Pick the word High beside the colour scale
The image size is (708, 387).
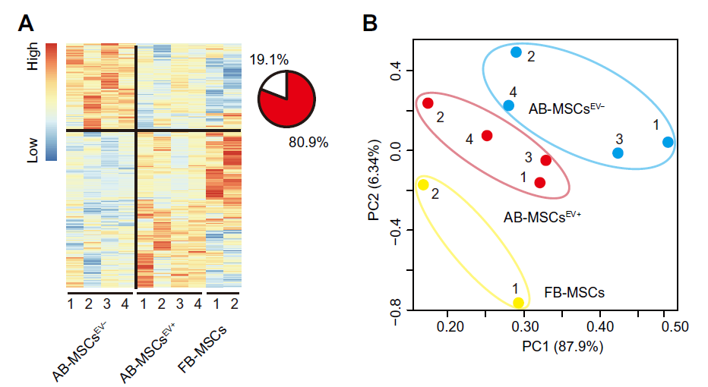click(x=33, y=56)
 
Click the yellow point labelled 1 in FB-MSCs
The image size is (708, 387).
click(x=519, y=303)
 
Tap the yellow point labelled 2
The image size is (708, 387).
click(x=423, y=184)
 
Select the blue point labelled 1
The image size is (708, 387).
click(x=668, y=142)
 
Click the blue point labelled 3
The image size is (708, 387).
click(x=618, y=153)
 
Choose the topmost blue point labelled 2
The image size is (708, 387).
click(x=516, y=52)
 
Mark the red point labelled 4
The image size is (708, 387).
click(x=487, y=136)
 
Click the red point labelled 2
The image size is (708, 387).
click(x=428, y=103)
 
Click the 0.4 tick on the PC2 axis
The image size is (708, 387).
click(x=396, y=71)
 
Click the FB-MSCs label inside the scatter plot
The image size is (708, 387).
click(x=574, y=291)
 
